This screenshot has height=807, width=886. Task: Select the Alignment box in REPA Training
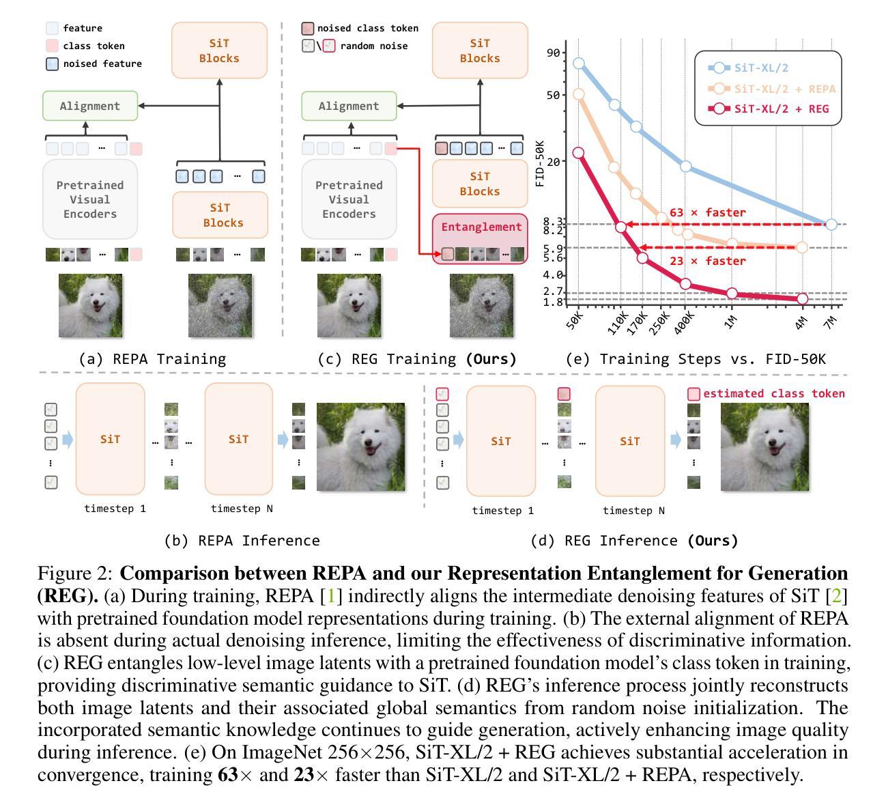pos(89,106)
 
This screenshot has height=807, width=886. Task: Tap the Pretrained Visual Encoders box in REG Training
pos(349,199)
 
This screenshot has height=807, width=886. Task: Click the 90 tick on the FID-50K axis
pos(553,53)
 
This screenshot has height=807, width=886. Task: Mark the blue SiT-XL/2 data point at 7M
pos(830,224)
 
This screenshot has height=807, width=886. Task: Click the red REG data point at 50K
pos(578,152)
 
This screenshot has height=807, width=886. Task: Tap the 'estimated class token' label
pos(773,393)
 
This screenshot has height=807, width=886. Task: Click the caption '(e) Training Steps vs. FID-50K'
pos(695,358)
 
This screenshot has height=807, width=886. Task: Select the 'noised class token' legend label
pos(367,28)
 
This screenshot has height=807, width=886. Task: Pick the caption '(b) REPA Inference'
pos(242,540)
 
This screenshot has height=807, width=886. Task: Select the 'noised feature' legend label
pos(102,63)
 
